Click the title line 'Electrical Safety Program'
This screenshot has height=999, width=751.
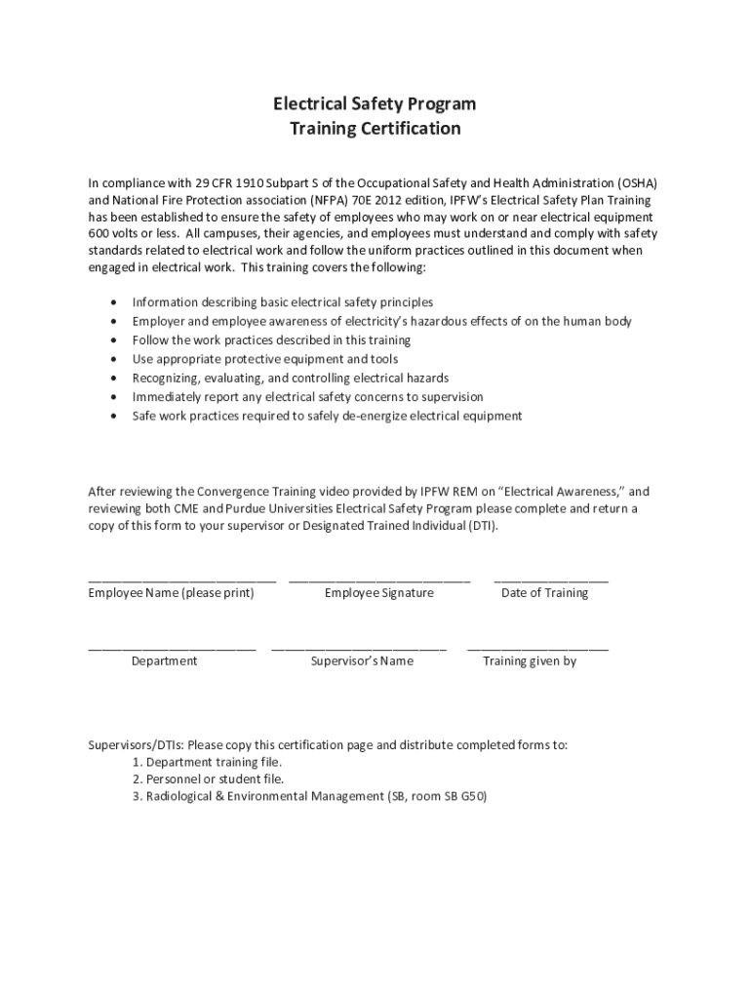point(375,103)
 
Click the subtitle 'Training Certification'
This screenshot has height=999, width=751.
point(375,129)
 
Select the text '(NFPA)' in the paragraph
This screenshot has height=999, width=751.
point(334,200)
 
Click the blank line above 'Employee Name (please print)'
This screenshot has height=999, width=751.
point(181,579)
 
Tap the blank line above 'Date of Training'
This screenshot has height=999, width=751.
point(551,579)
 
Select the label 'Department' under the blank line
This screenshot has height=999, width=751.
point(164,661)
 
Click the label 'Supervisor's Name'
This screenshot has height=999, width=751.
point(362,661)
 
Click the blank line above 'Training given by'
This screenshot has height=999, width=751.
point(537,648)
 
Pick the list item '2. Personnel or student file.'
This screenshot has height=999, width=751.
point(208,779)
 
